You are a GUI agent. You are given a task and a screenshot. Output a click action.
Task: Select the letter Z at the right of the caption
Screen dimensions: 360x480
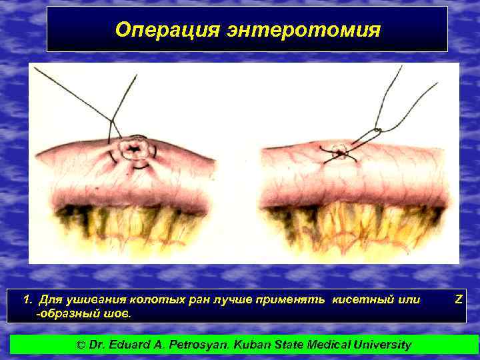[x=458, y=299]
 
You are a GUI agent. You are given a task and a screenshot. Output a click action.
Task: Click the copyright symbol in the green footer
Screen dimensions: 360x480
[x=81, y=345]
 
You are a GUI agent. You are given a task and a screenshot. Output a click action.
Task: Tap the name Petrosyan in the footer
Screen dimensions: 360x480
[x=199, y=345]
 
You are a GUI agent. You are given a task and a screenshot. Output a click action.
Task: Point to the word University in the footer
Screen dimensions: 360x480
[x=381, y=345]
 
